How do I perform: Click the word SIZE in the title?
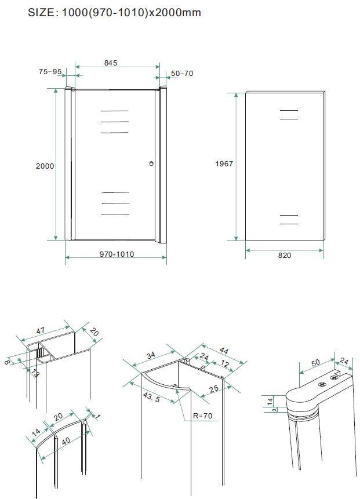[x=41, y=13]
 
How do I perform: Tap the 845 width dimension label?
[x=111, y=63]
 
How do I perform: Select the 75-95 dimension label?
[x=50, y=72]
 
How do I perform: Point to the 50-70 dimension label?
[x=182, y=73]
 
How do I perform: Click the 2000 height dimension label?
[x=45, y=166]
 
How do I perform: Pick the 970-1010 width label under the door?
[x=117, y=254]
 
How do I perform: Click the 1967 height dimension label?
[x=224, y=163]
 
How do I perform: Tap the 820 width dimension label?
[x=285, y=255]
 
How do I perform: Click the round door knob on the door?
[x=151, y=163]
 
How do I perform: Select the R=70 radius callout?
[x=203, y=416]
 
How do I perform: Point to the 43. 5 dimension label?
[x=151, y=397]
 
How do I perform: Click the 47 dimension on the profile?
[x=41, y=331]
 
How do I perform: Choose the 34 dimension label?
[x=151, y=355]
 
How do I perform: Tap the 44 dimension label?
[x=224, y=351]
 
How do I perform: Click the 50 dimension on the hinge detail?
[x=315, y=363]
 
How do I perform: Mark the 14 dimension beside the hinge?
[x=270, y=401]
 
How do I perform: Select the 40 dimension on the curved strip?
[x=66, y=442]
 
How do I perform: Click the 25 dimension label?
[x=214, y=388]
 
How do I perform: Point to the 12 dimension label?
[x=225, y=363]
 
